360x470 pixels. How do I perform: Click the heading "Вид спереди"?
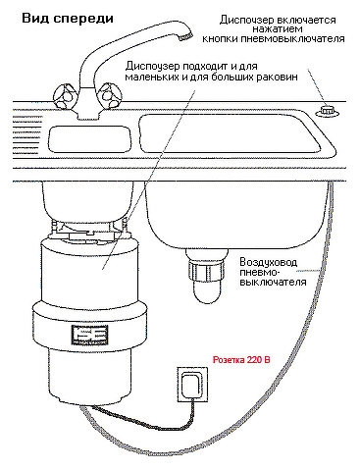coord(68,18)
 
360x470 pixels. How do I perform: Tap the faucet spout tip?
coord(185,36)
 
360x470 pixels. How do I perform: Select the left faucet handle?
coord(65,96)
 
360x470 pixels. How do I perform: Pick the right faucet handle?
coord(108,95)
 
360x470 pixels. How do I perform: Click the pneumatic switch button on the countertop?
coord(327,111)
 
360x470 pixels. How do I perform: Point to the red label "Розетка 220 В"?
coord(241,360)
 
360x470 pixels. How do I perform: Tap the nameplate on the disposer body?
coord(89,335)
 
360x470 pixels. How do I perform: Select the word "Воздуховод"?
coord(269,262)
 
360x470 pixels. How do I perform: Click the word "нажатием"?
coord(278,29)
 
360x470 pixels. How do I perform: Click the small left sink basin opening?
coord(89,139)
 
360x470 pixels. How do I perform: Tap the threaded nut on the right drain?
coord(206,271)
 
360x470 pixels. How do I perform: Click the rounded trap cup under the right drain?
coord(206,292)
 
